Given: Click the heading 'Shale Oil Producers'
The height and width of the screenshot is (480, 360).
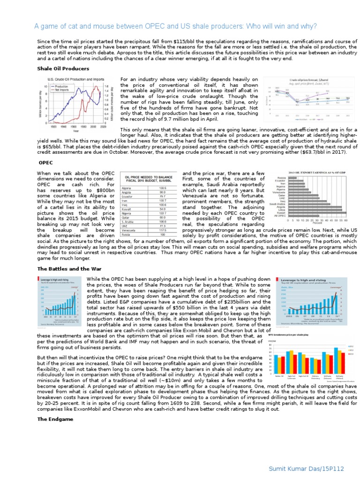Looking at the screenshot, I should click(63, 68).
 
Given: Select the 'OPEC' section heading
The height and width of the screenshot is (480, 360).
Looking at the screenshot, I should click(46, 163).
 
